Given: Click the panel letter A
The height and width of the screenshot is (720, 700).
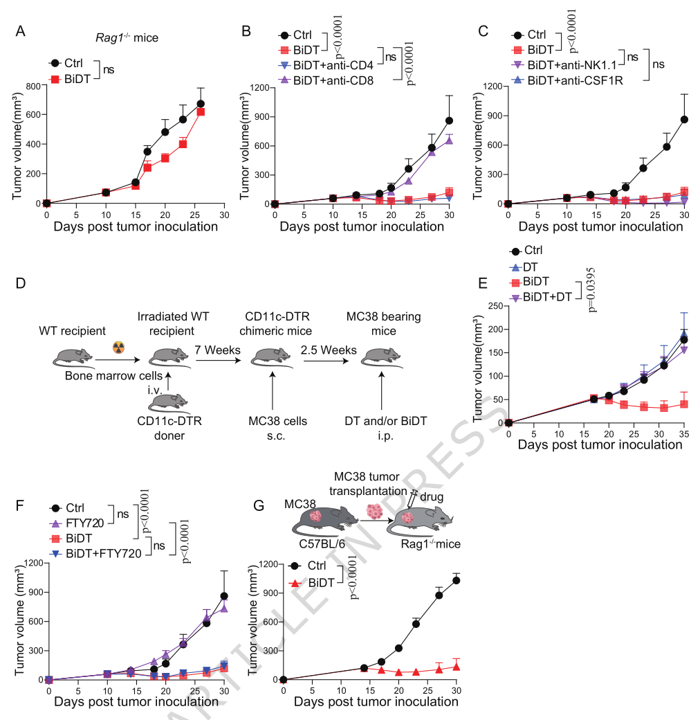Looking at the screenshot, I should pyautogui.click(x=21, y=30).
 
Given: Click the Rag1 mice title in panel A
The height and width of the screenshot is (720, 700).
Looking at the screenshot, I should pyautogui.click(x=127, y=38).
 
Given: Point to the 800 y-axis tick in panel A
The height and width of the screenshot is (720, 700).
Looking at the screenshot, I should pyautogui.click(x=30, y=86).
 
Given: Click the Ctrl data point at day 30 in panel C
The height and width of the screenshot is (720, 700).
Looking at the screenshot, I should pyautogui.click(x=685, y=119).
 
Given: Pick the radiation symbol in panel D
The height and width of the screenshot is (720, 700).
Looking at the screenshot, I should pyautogui.click(x=118, y=348).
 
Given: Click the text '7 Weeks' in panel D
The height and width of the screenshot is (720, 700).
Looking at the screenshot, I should pyautogui.click(x=217, y=350).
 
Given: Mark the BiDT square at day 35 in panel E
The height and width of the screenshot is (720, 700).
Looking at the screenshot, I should pyautogui.click(x=683, y=404).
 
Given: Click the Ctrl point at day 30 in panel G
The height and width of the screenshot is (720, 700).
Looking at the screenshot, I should pyautogui.click(x=456, y=580).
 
